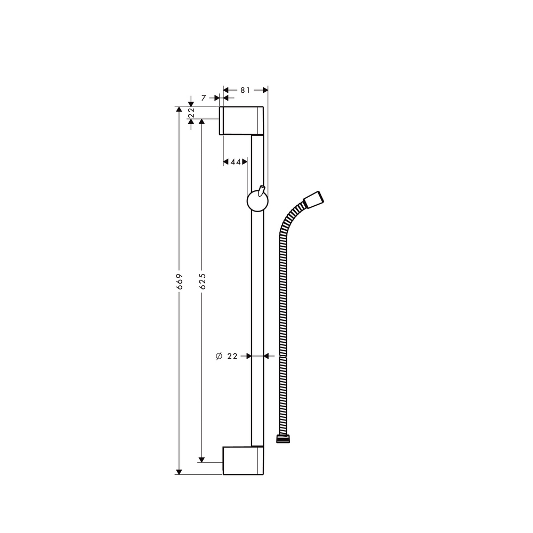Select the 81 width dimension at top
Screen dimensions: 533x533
point(245,90)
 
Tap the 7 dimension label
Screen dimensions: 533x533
point(203,98)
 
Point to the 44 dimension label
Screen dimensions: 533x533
point(236,161)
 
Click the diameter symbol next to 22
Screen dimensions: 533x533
point(219,356)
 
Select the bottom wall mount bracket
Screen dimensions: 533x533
point(243,460)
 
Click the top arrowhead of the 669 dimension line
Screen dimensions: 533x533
point(179,109)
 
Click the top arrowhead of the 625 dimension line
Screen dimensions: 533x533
point(201,122)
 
